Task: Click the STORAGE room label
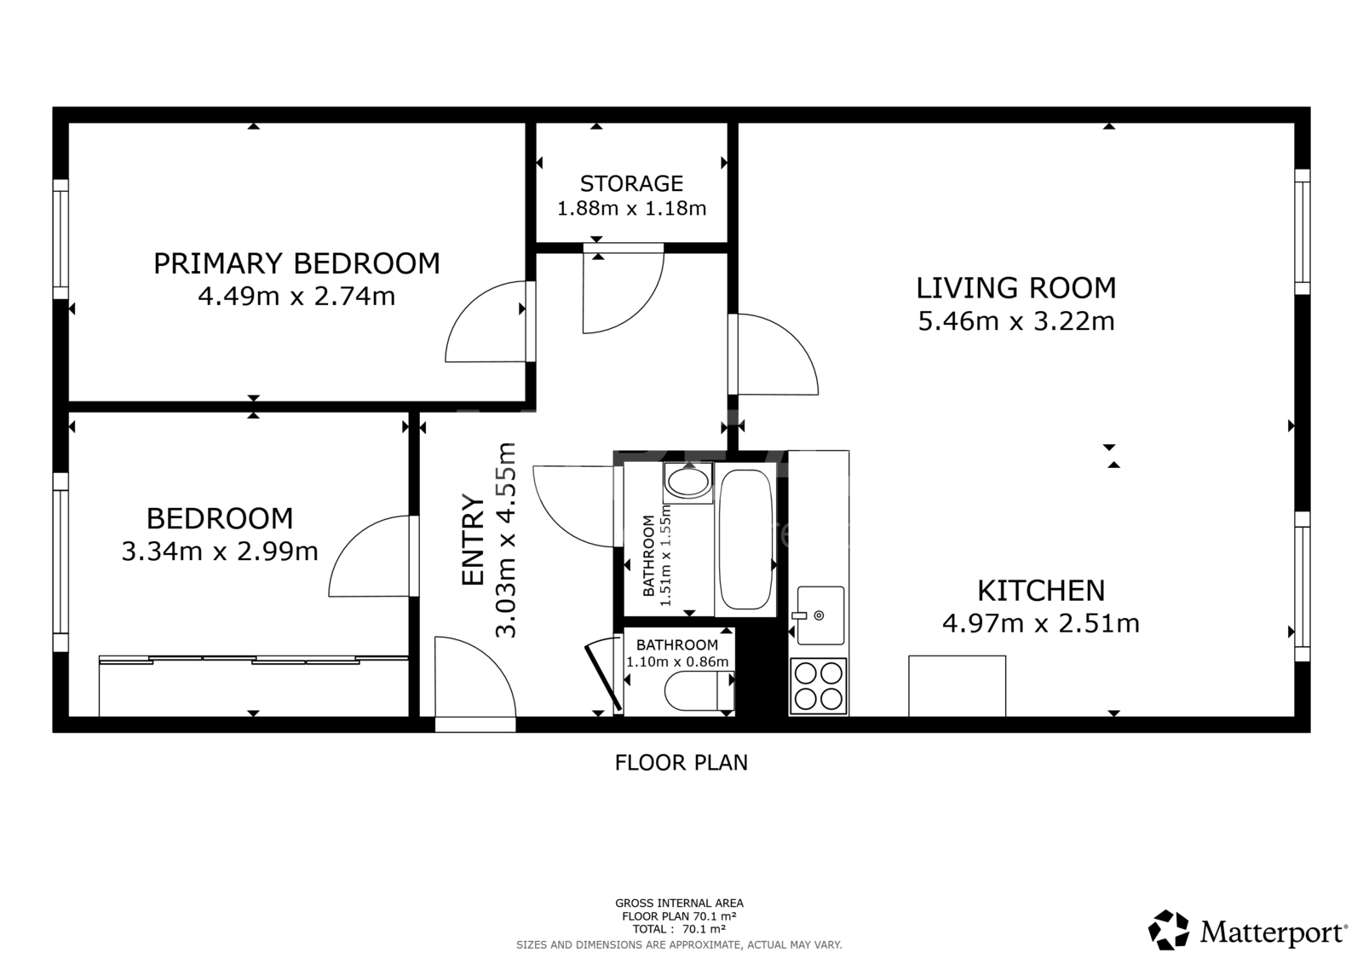pos(631,183)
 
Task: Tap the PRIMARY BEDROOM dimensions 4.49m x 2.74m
pos(296,297)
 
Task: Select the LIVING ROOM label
pos(1016,288)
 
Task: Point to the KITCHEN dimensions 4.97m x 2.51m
pos(1040,624)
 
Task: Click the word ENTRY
pos(473,540)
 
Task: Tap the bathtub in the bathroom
pos(745,540)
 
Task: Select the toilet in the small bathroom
pos(699,691)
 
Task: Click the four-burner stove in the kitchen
pos(819,685)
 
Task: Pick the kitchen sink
pos(820,615)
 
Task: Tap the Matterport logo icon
pos(1168,930)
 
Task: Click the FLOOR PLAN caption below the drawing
pos(681,763)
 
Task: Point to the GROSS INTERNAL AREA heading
pos(679,903)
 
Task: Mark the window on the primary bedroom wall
pos(60,240)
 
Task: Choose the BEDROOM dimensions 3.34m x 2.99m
pos(220,551)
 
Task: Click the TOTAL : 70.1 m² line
pos(679,929)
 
